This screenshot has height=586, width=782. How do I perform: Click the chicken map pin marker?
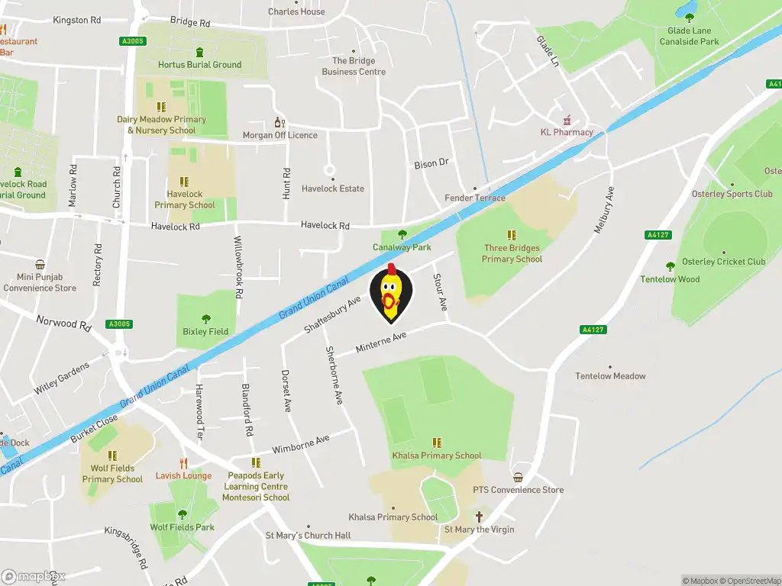click(x=390, y=295)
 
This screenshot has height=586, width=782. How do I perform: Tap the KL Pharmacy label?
click(x=567, y=132)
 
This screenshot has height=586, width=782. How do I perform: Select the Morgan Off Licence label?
click(x=280, y=135)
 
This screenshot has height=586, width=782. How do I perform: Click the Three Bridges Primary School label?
click(x=512, y=253)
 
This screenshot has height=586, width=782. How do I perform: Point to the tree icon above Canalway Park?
click(x=402, y=234)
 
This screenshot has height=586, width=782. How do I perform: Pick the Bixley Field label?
click(x=205, y=332)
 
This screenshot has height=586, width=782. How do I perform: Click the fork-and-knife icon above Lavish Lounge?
click(x=183, y=463)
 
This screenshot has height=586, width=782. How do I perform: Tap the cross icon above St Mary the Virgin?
click(x=480, y=517)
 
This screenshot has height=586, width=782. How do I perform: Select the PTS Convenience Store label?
click(x=518, y=490)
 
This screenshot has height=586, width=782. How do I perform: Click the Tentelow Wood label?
click(x=670, y=279)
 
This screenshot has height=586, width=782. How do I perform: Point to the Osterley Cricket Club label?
click(x=725, y=262)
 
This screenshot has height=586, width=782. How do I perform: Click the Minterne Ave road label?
click(x=381, y=343)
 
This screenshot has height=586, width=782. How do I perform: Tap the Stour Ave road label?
click(x=441, y=292)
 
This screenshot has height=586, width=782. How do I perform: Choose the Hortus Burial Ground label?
click(x=199, y=65)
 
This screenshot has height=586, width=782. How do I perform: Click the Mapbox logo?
click(x=34, y=576)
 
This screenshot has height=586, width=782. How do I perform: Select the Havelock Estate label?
click(x=333, y=188)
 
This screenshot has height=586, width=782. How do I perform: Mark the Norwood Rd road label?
click(x=63, y=323)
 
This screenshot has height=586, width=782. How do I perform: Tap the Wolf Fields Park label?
click(x=182, y=527)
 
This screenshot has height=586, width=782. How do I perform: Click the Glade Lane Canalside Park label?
click(x=689, y=37)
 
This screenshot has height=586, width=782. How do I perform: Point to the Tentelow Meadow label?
click(x=610, y=376)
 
